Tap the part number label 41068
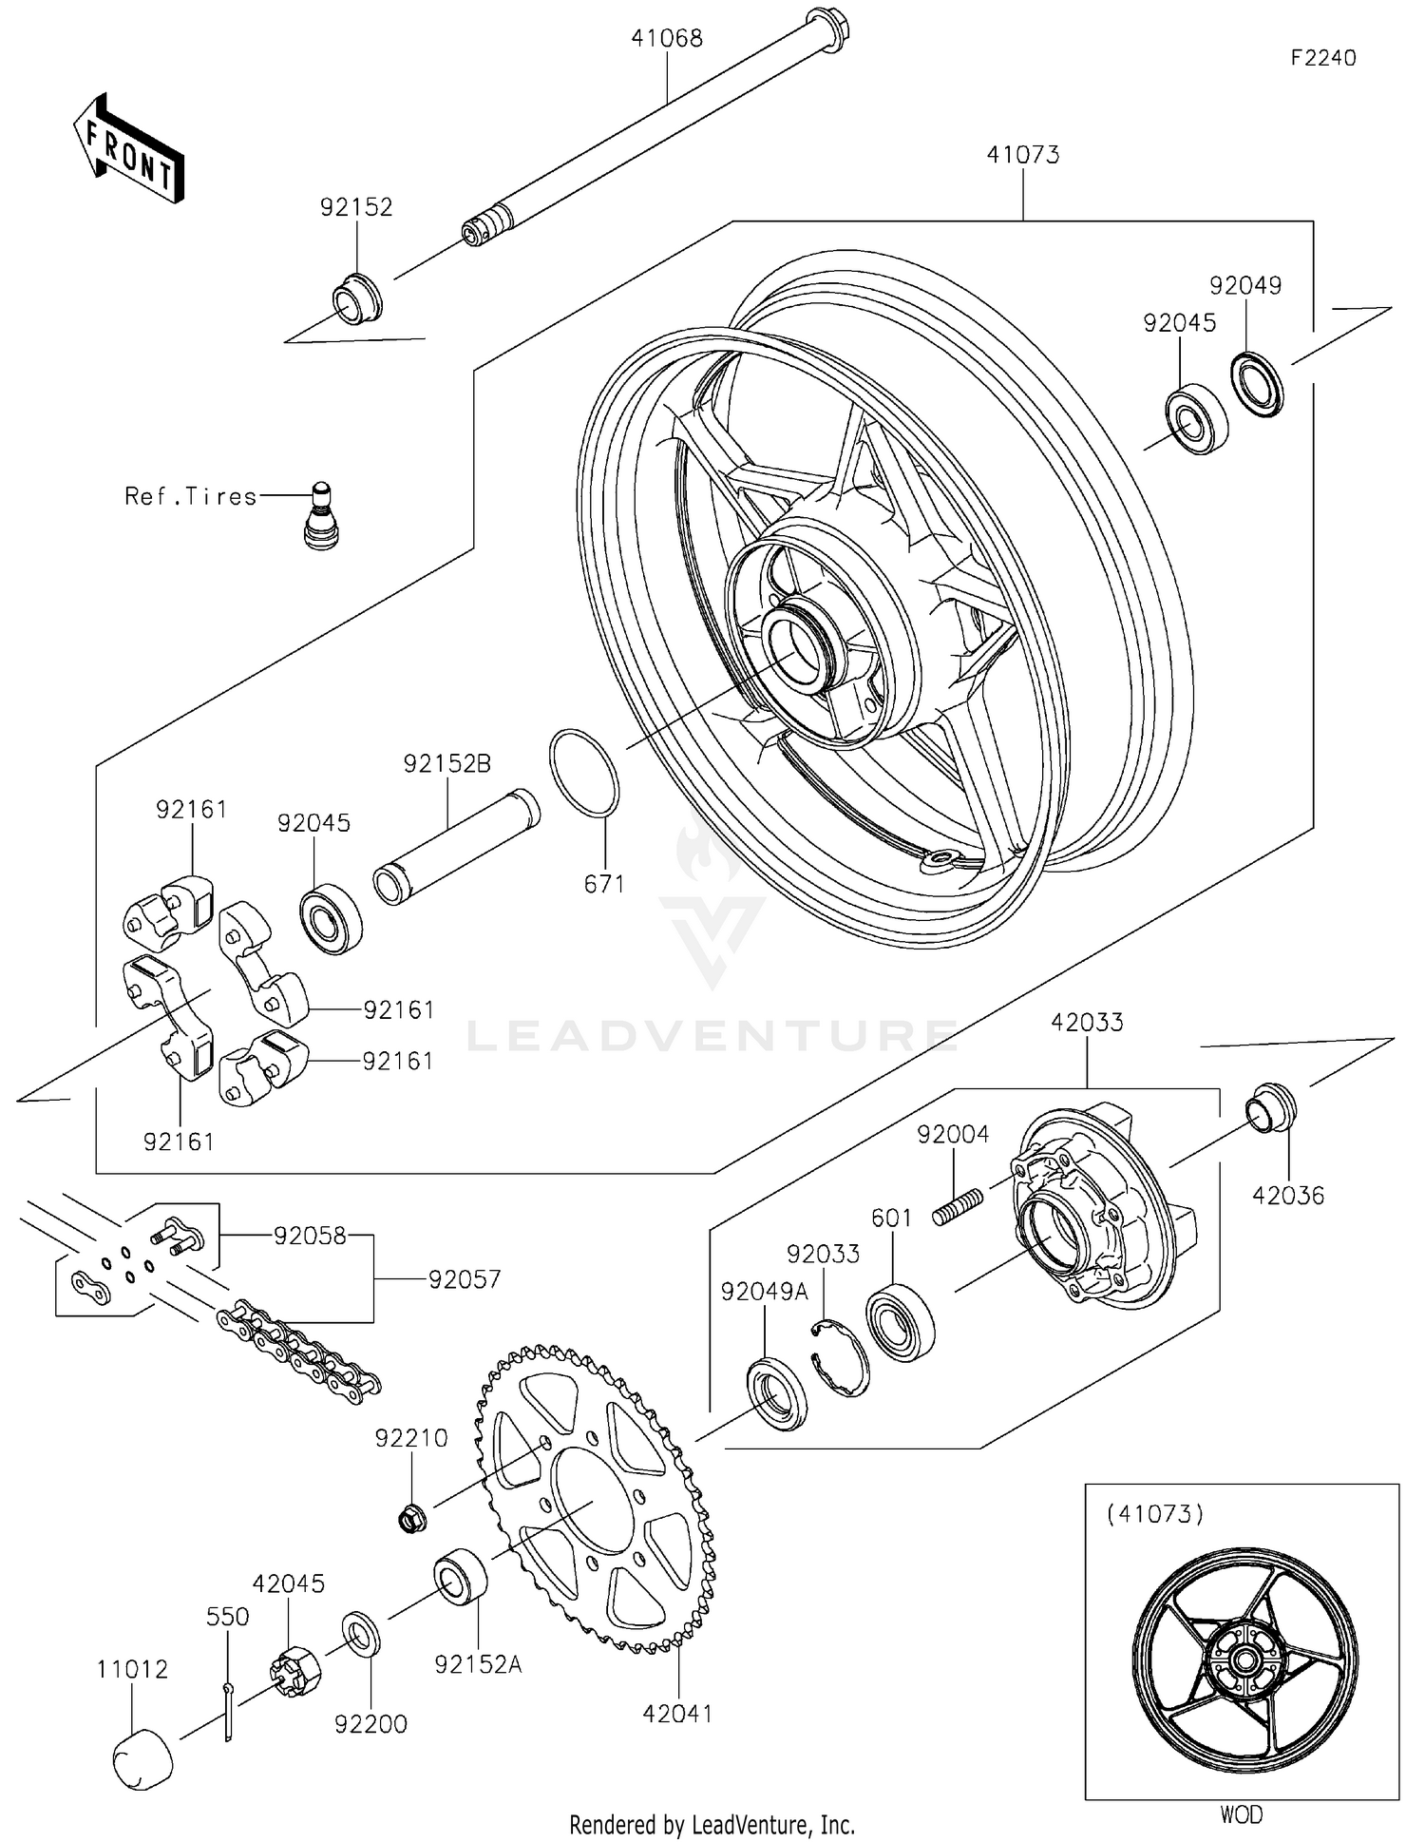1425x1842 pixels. pyautogui.click(x=667, y=39)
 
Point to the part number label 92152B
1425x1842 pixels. pyautogui.click(x=446, y=763)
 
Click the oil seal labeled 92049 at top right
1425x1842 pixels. pyautogui.click(x=1257, y=383)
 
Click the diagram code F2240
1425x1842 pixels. pyautogui.click(x=1322, y=58)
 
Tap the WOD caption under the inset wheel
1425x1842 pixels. pyautogui.click(x=1241, y=1814)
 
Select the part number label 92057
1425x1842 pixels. pyautogui.click(x=464, y=1279)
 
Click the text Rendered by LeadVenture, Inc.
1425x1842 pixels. pyautogui.click(x=712, y=1824)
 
